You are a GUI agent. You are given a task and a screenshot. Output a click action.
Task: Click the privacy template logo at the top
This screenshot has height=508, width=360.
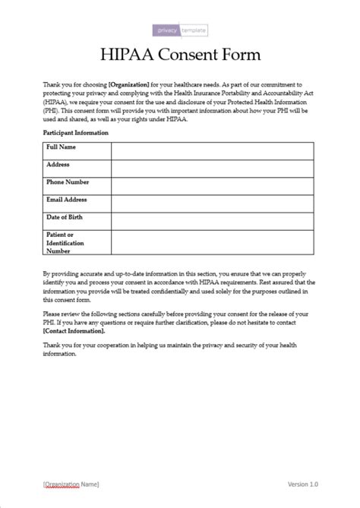coord(180,30)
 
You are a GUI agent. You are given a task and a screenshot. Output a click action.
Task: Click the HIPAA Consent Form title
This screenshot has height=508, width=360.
coord(180,55)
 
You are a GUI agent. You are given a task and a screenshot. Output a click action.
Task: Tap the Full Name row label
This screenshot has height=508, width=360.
coord(62,146)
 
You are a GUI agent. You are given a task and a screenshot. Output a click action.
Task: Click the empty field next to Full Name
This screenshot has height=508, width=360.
coord(212,150)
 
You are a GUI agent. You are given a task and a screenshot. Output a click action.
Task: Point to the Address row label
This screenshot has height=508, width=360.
coord(58,164)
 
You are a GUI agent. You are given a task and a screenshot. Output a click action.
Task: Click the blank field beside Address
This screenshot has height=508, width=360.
coord(212,169)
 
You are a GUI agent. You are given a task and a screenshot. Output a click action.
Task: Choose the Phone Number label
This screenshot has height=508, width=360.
coord(68,182)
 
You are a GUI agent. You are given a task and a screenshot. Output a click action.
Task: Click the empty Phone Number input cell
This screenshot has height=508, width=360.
coord(212,186)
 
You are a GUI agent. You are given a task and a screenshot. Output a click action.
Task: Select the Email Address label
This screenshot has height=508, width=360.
coord(67,200)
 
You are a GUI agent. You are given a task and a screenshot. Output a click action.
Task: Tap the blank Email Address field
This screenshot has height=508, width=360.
coord(212,204)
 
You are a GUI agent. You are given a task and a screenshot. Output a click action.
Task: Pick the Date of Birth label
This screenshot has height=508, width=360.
coord(65,217)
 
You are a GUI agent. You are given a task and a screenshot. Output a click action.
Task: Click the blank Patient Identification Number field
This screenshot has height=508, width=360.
coord(212,242)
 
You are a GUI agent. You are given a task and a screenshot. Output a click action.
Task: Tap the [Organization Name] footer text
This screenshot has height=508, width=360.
coord(71,484)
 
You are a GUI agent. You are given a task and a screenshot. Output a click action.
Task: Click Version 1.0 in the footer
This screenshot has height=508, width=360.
coord(303,484)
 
